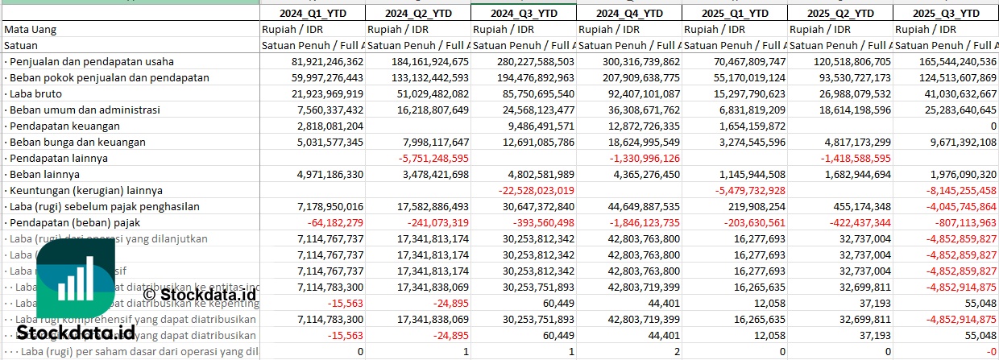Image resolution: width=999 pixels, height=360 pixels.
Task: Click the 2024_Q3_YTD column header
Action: [x=524, y=13]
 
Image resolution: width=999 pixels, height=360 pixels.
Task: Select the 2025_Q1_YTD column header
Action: [x=735, y=13]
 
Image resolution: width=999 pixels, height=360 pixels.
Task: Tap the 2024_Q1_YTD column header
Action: [x=313, y=13]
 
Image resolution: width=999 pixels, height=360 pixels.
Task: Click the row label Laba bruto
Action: [x=35, y=93]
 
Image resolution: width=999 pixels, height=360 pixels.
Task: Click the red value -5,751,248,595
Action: [x=434, y=158]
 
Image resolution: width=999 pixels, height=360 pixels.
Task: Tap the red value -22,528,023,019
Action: [x=537, y=190]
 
